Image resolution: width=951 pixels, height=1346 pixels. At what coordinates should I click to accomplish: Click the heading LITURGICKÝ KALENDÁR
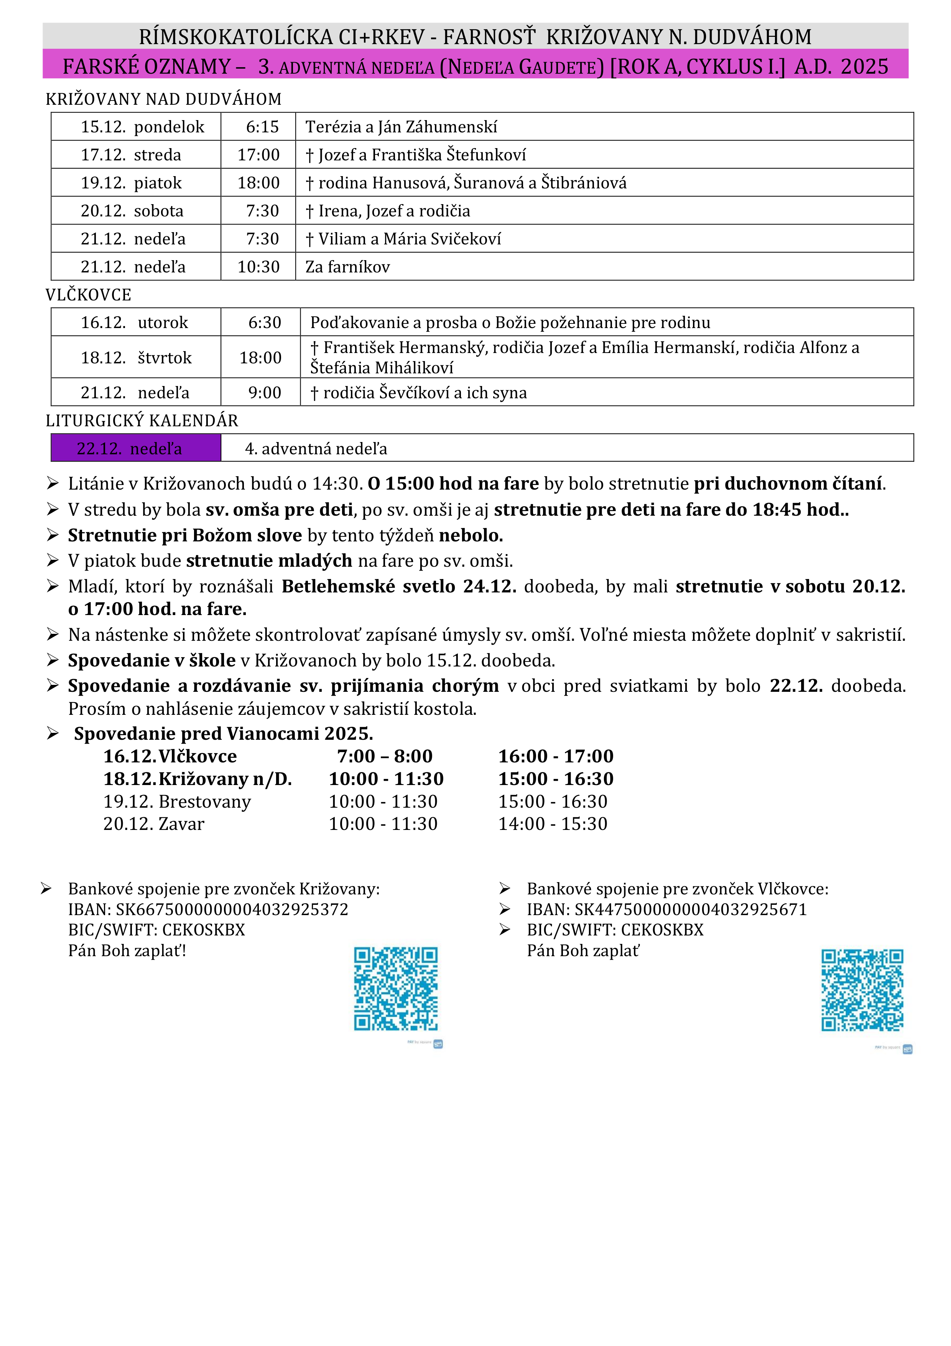tap(142, 421)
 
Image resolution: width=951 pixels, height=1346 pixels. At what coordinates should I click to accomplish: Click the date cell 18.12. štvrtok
tap(136, 358)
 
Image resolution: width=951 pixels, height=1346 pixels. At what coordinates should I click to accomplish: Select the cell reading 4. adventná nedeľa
tap(316, 449)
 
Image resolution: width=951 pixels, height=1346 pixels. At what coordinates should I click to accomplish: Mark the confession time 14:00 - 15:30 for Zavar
tap(553, 824)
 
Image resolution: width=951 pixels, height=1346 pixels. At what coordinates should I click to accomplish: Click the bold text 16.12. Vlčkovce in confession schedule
tap(170, 756)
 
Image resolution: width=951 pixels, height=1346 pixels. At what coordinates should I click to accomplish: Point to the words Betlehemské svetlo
tap(368, 586)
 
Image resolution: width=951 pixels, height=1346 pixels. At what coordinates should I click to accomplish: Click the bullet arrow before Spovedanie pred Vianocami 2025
tap(53, 733)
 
